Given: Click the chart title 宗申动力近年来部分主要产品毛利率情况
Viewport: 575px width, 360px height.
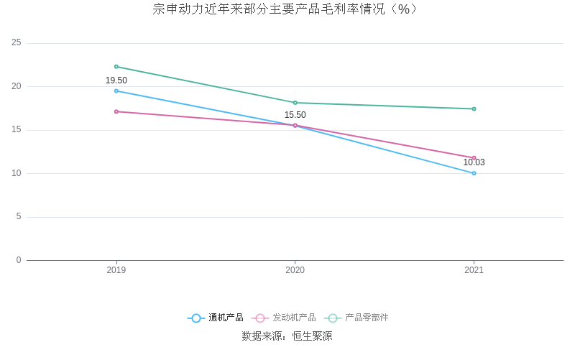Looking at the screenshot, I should pos(286,9).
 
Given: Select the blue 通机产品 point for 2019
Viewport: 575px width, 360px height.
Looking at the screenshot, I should pos(116,91).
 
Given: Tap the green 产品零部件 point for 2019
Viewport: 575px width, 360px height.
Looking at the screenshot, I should pos(116,66).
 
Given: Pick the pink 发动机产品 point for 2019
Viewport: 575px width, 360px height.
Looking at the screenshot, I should pos(116,111).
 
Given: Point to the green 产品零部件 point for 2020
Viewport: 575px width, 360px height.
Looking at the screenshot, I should pos(295,103).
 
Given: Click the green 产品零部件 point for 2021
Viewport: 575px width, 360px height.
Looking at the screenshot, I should pos(474,109).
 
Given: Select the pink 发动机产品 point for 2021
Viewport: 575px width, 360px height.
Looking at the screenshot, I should pos(474,157).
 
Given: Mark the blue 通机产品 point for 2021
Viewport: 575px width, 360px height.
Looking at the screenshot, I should pos(474,173).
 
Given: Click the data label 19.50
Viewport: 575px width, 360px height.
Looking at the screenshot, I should pos(116,80).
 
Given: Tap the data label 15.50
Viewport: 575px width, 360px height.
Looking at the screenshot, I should pos(295,115).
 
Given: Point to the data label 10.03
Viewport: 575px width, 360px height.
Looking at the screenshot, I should pos(474,162).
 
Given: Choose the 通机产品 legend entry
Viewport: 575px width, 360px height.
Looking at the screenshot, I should pos(216,318).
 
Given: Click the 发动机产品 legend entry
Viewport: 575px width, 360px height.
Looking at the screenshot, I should pos(284,318).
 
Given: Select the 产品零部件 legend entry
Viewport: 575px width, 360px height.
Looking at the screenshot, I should pos(356,318).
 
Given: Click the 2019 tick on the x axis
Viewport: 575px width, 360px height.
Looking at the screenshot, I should pos(116,270).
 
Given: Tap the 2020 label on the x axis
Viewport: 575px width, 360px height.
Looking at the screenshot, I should pos(295,270).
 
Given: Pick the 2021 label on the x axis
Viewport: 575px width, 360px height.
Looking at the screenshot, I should pos(474,270).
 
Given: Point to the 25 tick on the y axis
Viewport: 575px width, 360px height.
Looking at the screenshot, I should pos(17,43).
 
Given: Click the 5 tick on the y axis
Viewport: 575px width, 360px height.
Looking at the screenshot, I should pos(19,217).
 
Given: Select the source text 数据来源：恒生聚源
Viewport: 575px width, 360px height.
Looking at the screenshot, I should pos(287,336).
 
